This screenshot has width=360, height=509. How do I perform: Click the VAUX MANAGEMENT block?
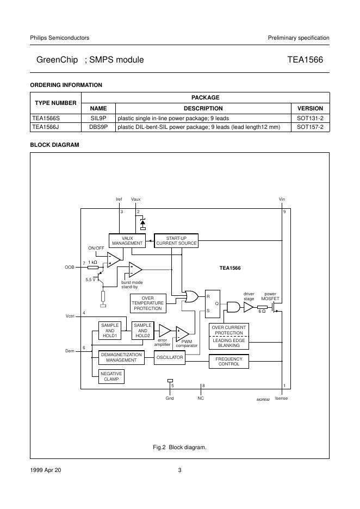[x=127, y=240]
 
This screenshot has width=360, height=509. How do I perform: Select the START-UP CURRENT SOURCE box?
[x=176, y=240]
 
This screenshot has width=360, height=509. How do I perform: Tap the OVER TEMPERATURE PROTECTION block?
[x=147, y=303]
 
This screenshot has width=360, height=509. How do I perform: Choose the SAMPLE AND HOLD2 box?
[x=142, y=331]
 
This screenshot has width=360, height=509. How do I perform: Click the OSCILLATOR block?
[x=170, y=357]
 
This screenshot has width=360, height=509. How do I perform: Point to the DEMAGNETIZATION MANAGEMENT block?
[x=121, y=357]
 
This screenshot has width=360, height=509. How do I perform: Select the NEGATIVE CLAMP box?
[x=111, y=376]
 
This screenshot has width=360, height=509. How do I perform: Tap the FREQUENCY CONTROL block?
[x=229, y=361]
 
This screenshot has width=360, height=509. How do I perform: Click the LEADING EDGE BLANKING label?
[x=229, y=343]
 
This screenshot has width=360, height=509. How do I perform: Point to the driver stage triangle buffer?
[x=248, y=307]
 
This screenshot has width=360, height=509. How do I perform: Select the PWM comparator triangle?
[x=182, y=333]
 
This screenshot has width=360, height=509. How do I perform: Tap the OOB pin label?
[x=69, y=267]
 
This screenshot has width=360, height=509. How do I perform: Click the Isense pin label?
[x=282, y=399]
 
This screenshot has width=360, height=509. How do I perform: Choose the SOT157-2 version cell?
[x=310, y=127]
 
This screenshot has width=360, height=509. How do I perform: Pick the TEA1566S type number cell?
[x=47, y=117]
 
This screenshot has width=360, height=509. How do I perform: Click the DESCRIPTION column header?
[x=203, y=108]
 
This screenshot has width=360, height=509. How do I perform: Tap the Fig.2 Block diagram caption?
[x=180, y=447]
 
